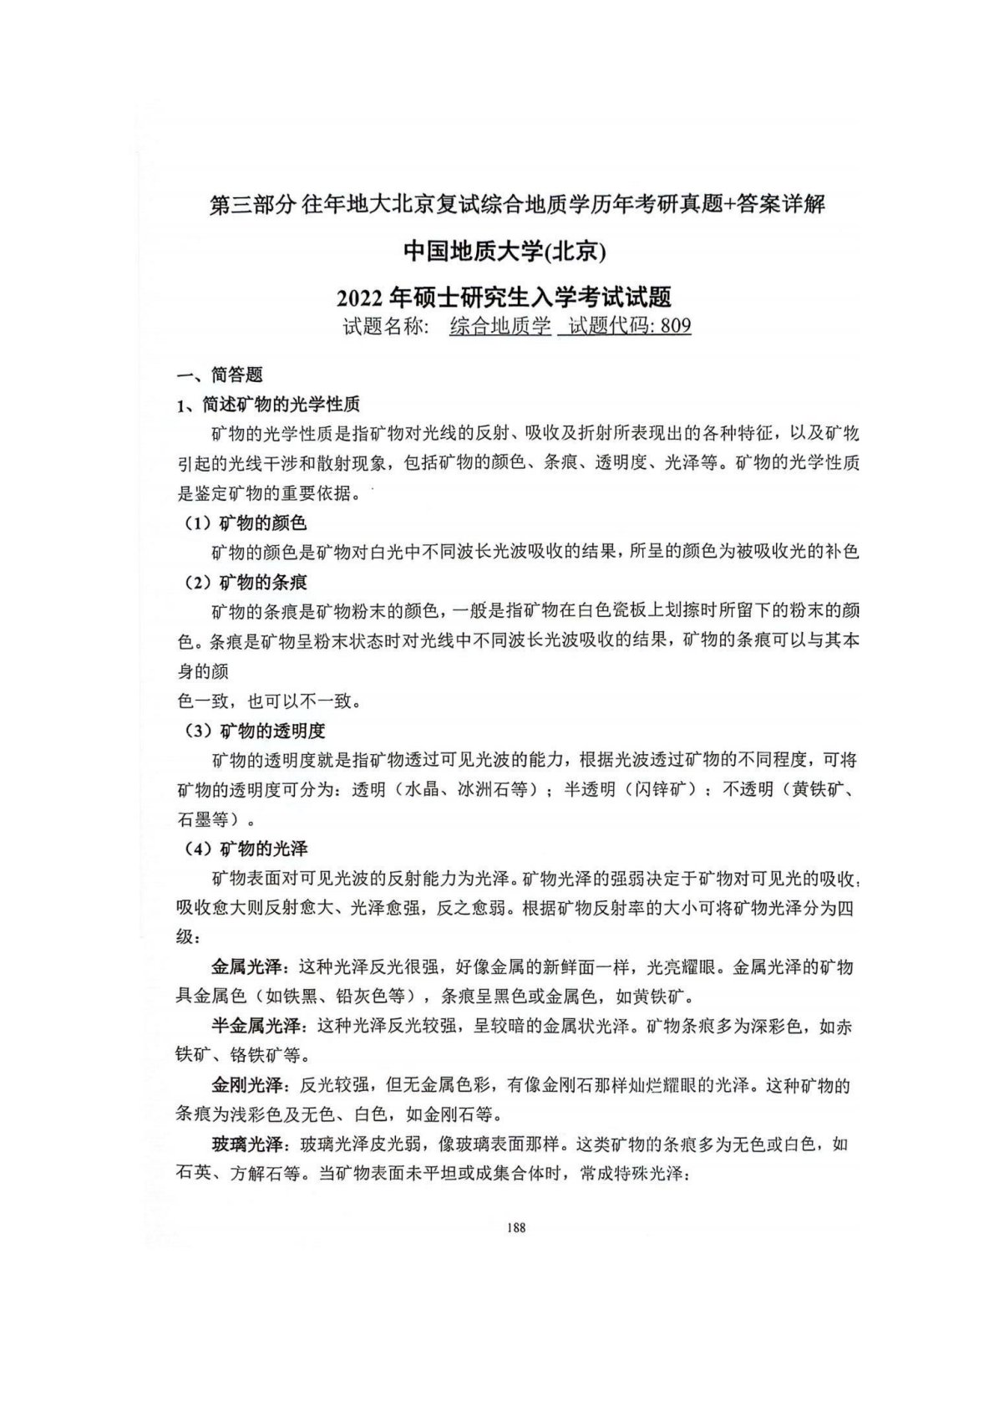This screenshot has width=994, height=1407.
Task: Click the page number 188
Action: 515,1227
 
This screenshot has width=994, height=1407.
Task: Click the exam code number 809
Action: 676,326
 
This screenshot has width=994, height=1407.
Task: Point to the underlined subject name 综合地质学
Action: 500,326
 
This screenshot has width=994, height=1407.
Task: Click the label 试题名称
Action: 385,326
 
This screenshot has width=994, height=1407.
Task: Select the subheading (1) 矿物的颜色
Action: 246,523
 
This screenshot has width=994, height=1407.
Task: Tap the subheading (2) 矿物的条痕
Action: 246,582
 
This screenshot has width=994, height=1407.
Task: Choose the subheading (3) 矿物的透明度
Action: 254,731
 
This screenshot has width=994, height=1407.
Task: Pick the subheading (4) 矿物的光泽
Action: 246,849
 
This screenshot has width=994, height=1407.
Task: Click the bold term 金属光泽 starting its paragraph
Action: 246,967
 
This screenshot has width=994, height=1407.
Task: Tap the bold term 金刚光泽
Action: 246,1086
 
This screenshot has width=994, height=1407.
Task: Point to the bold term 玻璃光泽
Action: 246,1144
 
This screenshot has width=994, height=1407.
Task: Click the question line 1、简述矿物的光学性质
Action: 268,405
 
